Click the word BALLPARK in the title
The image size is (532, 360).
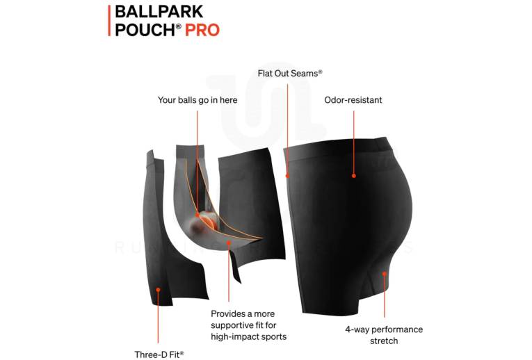159,12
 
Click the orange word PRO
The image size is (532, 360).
202,30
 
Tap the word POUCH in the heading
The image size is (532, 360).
145,30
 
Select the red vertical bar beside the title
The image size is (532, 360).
109,21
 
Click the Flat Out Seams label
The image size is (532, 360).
290,73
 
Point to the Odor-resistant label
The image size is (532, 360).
353,100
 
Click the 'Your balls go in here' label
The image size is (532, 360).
198,100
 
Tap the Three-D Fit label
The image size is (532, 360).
159,354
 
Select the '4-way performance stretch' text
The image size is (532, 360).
384,335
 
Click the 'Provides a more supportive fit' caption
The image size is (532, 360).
249,325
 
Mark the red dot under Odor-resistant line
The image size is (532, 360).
353,176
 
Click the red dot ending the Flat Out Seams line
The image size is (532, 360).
287,176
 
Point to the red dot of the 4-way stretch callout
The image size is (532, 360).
384,274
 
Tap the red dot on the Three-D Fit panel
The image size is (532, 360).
158,290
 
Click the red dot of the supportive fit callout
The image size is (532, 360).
229,243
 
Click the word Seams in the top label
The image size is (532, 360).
307,73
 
